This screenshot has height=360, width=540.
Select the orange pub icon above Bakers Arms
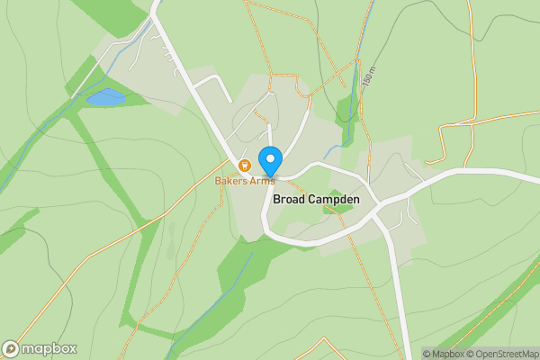tap(244, 165)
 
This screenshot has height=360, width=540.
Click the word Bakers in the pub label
tap(231, 180)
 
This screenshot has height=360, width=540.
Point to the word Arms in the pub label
tap(262, 180)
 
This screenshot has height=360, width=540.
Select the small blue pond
tap(106, 96)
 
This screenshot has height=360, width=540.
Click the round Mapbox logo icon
tap(12, 349)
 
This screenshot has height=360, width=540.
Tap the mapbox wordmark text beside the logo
tap(49, 349)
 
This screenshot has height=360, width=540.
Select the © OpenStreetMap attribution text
tap(501, 354)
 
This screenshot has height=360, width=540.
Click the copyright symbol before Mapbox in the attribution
tap(427, 354)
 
